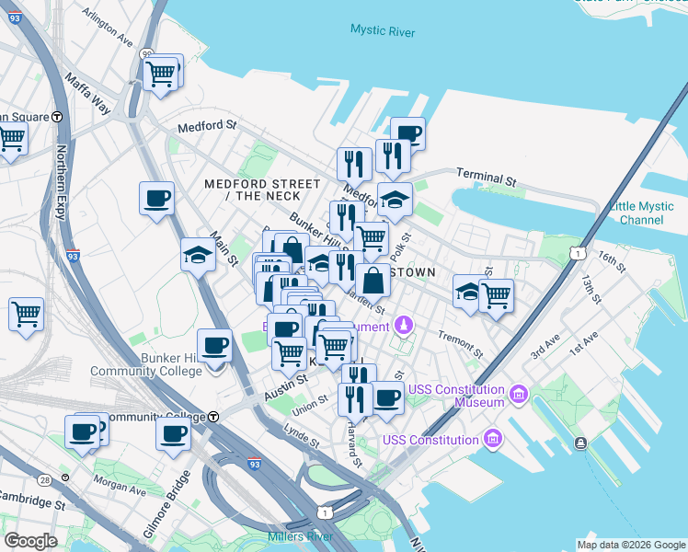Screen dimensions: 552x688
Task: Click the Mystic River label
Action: click(382, 31)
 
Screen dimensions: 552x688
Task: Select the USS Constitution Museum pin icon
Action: click(519, 396)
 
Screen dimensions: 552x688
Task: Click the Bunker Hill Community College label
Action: click(145, 364)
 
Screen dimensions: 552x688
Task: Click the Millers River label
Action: click(299, 536)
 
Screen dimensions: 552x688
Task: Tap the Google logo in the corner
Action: click(30, 541)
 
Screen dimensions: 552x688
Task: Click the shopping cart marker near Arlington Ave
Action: click(161, 72)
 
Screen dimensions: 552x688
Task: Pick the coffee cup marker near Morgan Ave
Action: click(83, 431)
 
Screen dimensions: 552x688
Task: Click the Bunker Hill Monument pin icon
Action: click(403, 325)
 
